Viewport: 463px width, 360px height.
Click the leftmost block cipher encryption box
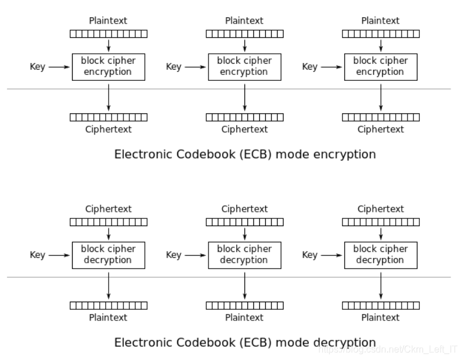(109, 67)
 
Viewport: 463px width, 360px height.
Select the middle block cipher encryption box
(244, 67)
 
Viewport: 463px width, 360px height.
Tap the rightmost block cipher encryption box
(380, 67)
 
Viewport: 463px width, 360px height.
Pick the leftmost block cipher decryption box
(109, 255)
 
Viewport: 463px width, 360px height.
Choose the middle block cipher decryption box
(244, 255)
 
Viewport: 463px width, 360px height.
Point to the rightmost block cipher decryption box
(380, 255)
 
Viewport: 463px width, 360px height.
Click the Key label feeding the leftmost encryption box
(37, 67)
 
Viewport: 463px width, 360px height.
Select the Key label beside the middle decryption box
(174, 255)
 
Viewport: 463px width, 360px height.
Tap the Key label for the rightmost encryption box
(309, 67)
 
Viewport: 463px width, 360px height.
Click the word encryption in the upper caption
(345, 155)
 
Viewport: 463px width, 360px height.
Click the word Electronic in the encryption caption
(141, 155)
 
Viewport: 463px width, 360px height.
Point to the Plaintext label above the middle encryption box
(244, 21)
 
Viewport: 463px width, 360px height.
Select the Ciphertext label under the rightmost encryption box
(380, 129)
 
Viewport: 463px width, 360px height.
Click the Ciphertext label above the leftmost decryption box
(109, 209)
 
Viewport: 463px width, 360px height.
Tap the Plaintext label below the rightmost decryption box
(380, 318)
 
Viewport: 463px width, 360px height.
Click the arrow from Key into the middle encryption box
(194, 67)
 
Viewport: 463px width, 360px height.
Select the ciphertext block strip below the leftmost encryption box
(109, 117)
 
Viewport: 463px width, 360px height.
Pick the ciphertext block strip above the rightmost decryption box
(380, 222)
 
